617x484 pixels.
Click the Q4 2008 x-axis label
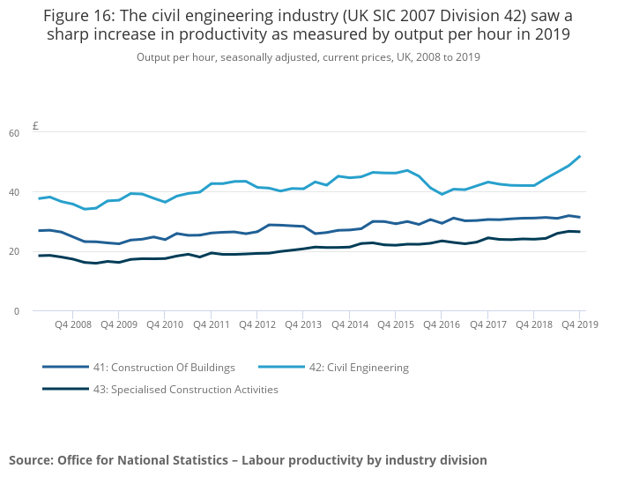[x=72, y=324]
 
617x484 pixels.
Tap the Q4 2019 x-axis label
[x=580, y=324]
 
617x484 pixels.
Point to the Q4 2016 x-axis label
[x=442, y=324]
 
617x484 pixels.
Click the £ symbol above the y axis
[x=35, y=126]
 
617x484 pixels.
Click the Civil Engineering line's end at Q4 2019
[x=579, y=157]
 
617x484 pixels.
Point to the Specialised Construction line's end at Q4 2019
[x=579, y=232]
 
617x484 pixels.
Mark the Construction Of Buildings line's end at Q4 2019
[x=579, y=218]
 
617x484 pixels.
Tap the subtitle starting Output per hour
[x=308, y=57]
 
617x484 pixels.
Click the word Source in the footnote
[x=30, y=460]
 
